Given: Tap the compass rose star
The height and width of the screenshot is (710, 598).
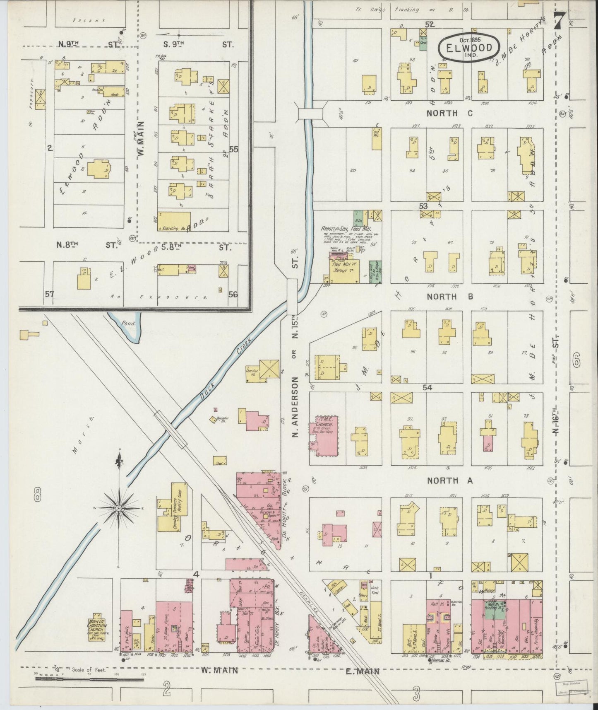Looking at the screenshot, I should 119,507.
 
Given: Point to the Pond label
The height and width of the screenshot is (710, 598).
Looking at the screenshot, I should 129,323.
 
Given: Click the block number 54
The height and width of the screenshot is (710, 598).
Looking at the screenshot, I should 427,388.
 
